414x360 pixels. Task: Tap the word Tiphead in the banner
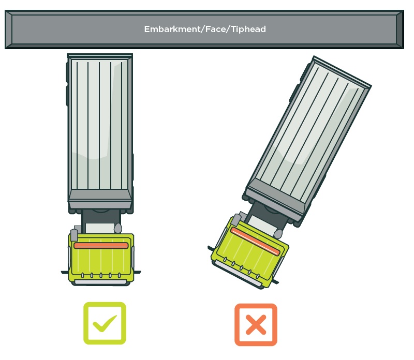click(248, 29)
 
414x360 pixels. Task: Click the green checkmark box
click(105, 323)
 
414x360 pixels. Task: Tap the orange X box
click(256, 325)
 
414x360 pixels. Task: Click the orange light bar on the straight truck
click(101, 246)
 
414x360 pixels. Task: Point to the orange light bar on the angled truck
click(255, 242)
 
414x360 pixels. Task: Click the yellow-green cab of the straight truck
click(101, 259)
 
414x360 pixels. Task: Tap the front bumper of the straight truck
click(101, 282)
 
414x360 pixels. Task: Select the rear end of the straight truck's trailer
click(100, 56)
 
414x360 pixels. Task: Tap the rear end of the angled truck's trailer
click(342, 71)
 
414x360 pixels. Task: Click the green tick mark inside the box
click(105, 323)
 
